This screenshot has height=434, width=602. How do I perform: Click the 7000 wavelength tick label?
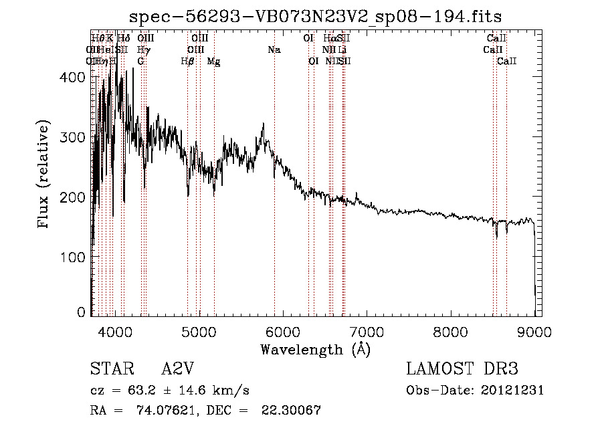[367, 330]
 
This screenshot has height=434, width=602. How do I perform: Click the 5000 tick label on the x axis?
[199, 330]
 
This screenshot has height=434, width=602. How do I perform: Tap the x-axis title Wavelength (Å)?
[315, 349]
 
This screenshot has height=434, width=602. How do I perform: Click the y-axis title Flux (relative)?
[45, 175]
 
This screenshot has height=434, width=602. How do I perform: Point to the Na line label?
[274, 50]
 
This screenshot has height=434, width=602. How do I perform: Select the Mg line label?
[213, 62]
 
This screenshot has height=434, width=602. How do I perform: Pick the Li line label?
[342, 50]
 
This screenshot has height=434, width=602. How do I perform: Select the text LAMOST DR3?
[462, 369]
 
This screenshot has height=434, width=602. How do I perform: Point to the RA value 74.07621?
[166, 411]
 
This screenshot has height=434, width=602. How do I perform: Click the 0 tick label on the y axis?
[82, 312]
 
